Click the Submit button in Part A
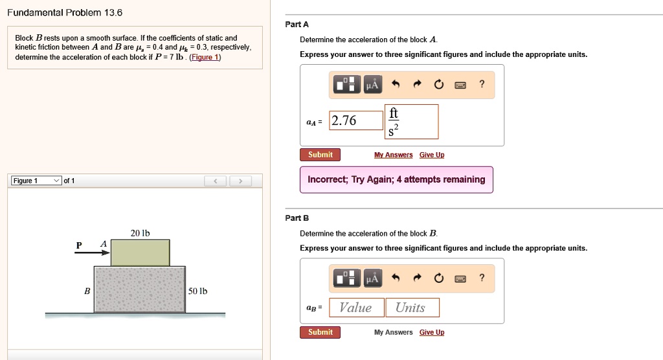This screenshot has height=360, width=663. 320,155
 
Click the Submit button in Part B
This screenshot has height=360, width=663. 320,332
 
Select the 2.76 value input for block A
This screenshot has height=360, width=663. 356,120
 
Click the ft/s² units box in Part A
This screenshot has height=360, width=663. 411,122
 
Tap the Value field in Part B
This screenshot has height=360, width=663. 357,308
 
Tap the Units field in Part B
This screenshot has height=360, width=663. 412,308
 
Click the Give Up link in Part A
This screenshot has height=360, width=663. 432,155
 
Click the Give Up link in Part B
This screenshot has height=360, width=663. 432,332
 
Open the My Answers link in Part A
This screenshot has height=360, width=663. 393,155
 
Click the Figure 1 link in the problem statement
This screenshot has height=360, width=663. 205,57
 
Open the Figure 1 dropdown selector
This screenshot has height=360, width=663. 36,181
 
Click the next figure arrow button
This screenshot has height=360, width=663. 241,181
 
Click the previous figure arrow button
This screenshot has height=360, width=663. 215,181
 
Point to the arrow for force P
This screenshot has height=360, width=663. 92,253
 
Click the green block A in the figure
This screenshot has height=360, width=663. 140,253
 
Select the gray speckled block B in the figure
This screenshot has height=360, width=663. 140,290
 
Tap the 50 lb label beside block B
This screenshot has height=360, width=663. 198,291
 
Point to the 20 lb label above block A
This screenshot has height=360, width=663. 140,233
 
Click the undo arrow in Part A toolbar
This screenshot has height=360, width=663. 396,84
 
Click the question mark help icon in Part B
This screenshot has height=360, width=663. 482,278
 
